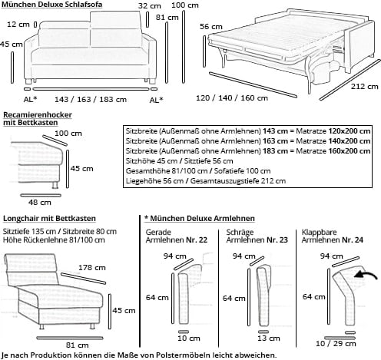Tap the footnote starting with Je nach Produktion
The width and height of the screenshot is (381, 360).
[x=138, y=355]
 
